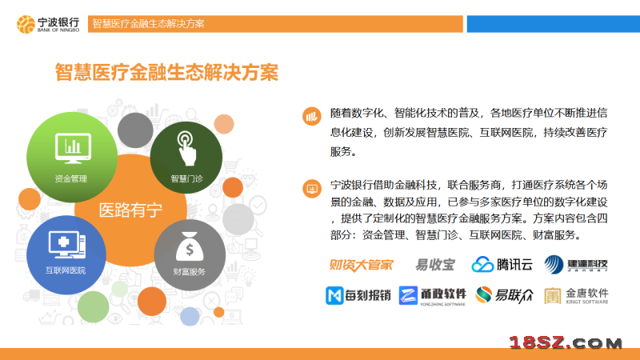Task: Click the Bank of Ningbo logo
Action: [48, 25]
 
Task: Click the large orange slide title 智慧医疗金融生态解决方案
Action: [166, 73]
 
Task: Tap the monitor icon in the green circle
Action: [73, 148]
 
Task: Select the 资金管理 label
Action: [70, 178]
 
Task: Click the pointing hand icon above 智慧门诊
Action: [186, 148]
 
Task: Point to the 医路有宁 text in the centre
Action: [130, 210]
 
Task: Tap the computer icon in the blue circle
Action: [67, 244]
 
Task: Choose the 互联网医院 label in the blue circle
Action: [66, 270]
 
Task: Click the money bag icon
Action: [190, 246]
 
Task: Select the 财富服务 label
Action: [189, 271]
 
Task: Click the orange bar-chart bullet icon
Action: [312, 116]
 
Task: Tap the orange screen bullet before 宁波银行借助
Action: [312, 189]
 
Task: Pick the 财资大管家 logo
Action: [361, 265]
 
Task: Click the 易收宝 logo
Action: [434, 265]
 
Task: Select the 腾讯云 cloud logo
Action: [502, 265]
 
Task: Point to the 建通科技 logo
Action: [576, 265]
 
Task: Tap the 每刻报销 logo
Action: [358, 295]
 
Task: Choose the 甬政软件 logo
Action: [432, 295]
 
